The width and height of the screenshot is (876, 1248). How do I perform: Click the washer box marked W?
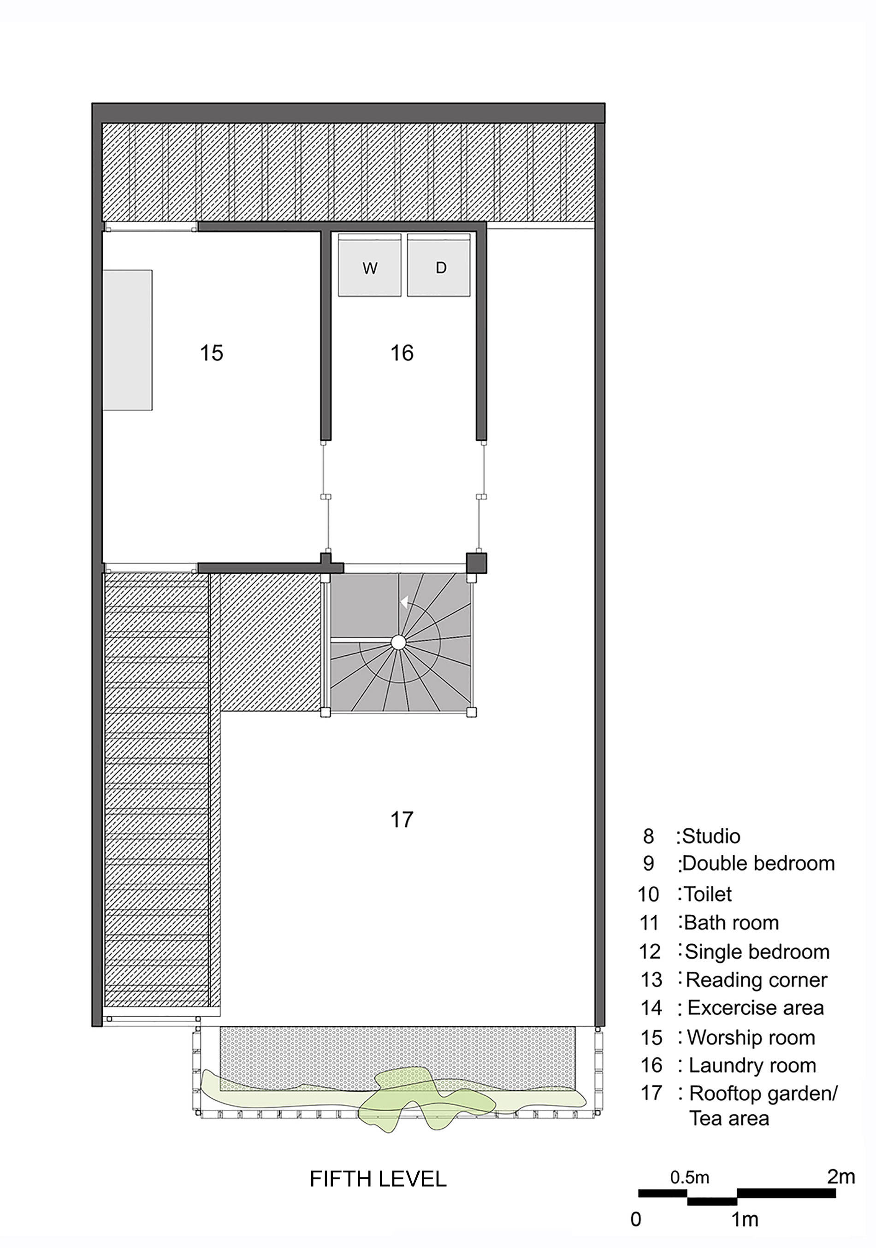369,267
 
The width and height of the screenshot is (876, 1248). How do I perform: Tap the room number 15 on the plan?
211,353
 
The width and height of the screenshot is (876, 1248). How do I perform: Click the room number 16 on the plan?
402,353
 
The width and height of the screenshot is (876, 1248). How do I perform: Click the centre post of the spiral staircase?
398,642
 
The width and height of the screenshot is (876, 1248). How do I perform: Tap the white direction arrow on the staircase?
404,602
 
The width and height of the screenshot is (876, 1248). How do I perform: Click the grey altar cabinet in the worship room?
127,340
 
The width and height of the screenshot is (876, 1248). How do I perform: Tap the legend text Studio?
710,836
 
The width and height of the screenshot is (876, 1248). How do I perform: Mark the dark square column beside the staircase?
476,563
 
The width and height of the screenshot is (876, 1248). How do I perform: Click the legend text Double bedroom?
758,863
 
